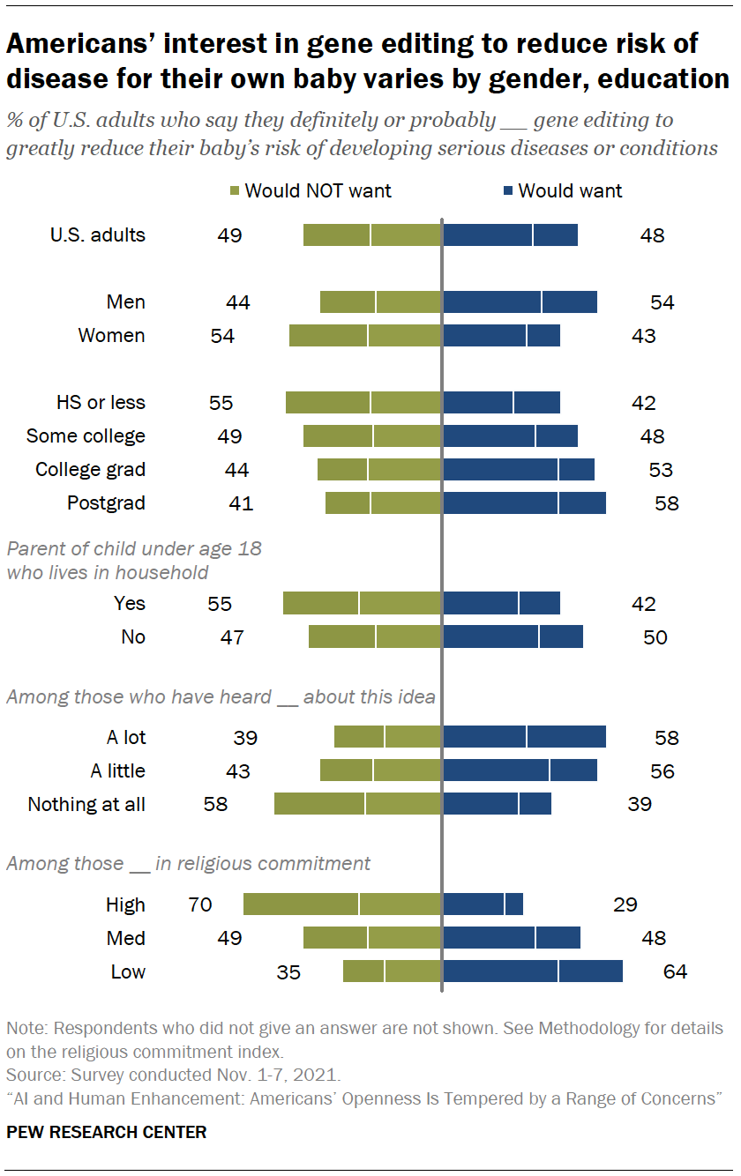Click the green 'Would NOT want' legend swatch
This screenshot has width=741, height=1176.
click(235, 191)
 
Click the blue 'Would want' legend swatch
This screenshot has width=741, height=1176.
click(508, 191)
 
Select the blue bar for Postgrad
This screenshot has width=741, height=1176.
click(524, 503)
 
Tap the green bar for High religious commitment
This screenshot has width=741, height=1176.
click(342, 904)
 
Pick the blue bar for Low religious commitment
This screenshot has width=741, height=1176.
click(532, 971)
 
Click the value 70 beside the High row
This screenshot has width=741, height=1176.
click(200, 904)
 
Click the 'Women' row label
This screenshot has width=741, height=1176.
click(111, 336)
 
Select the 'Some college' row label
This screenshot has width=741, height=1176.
click(86, 436)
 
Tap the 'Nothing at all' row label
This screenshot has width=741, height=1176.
click(86, 804)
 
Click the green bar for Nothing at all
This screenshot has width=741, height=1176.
click(357, 804)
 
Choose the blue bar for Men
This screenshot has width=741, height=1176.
click(520, 302)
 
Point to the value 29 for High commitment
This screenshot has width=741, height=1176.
click(625, 904)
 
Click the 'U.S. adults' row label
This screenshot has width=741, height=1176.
click(97, 235)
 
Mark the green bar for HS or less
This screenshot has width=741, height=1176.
click(363, 403)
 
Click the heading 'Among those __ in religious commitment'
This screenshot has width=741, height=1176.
click(188, 863)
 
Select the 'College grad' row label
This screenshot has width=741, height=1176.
click(90, 470)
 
